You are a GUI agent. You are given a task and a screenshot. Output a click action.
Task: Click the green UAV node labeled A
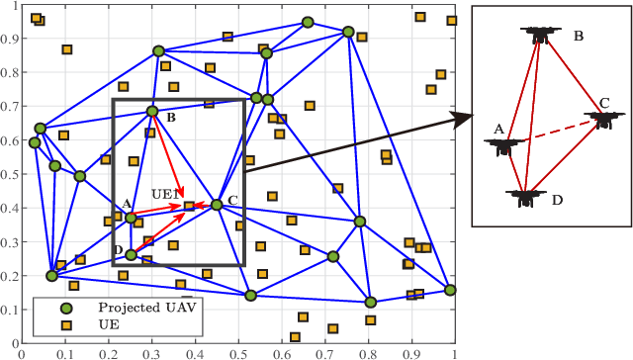[x=131, y=218]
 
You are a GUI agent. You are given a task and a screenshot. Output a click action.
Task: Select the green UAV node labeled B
[x=152, y=112]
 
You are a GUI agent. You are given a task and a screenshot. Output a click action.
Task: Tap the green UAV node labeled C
[x=217, y=205]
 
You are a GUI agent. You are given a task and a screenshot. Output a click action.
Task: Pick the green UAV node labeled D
[x=131, y=255]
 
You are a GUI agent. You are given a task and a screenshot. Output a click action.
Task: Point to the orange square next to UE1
[x=189, y=206]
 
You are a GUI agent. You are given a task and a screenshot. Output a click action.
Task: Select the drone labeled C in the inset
[x=602, y=119]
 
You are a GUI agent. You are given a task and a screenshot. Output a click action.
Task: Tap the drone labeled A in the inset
[x=502, y=145]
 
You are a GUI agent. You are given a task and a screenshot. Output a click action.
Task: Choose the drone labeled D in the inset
[x=526, y=196]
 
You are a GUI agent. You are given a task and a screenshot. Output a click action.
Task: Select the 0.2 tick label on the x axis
[x=108, y=352]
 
